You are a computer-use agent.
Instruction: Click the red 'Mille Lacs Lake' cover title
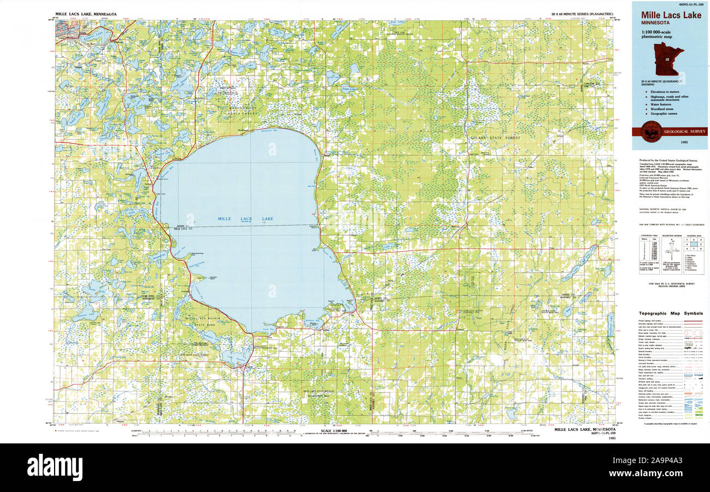[671, 15]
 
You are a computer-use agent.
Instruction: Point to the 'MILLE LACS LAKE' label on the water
[245, 219]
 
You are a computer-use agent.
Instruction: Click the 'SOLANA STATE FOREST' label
[495, 138]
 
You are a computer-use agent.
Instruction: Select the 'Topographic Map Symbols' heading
[671, 313]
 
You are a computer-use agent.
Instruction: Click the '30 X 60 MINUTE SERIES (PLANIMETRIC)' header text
[582, 14]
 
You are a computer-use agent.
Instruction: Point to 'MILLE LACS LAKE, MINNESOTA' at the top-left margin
[86, 14]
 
